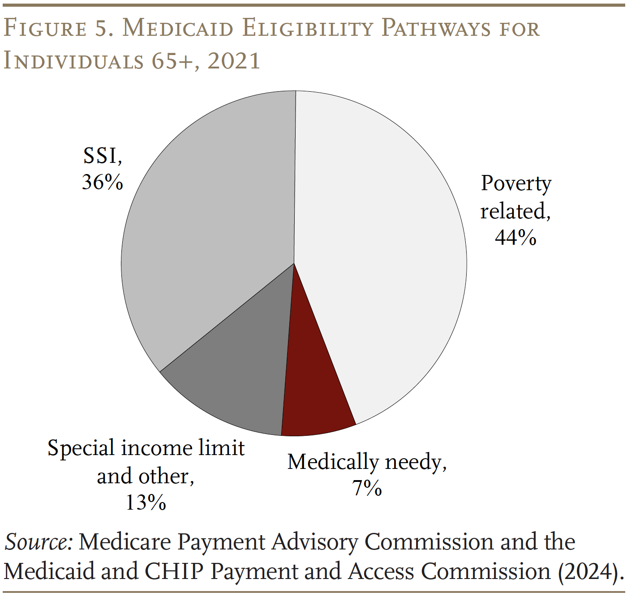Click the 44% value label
click(515, 237)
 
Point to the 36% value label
click(103, 182)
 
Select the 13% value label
click(146, 502)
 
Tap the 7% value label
click(367, 487)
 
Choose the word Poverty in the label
click(516, 183)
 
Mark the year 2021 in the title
click(234, 61)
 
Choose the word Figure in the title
click(45, 29)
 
